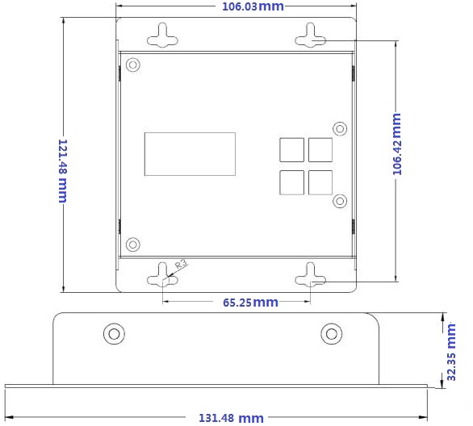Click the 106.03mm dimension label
[253, 6]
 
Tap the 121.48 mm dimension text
[63, 170]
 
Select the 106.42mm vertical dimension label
[396, 144]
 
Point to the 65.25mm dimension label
[250, 303]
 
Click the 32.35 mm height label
[451, 352]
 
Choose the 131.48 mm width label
[231, 418]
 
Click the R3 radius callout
[182, 264]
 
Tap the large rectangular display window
[190, 154]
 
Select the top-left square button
[291, 150]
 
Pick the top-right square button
[320, 150]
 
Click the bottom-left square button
[291, 182]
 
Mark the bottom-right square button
[320, 182]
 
